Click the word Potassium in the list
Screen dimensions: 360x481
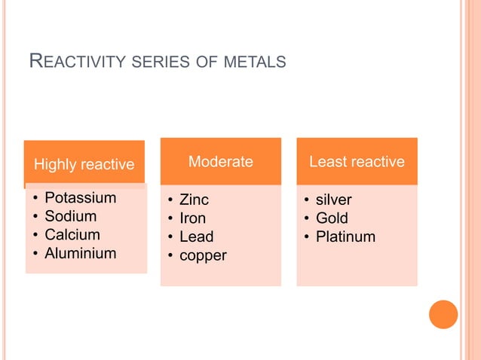coord(80,198)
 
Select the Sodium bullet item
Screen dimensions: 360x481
coord(70,216)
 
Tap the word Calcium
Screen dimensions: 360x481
coord(72,235)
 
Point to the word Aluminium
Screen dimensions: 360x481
coord(80,253)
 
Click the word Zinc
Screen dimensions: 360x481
coord(194,200)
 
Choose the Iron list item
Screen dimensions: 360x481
coord(191,218)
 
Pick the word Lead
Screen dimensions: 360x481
coord(196,237)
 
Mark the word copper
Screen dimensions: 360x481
coord(202,255)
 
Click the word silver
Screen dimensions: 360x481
coord(333,200)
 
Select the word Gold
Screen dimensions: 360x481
coord(332,218)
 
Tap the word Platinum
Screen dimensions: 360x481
coord(345,237)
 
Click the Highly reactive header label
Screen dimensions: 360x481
coord(84,164)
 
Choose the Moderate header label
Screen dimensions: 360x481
coord(220,161)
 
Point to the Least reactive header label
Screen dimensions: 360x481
coord(357,161)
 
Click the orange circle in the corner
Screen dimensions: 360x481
coord(443,314)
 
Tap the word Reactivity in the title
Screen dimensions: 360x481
coord(75,61)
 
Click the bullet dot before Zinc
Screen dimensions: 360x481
coord(170,201)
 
